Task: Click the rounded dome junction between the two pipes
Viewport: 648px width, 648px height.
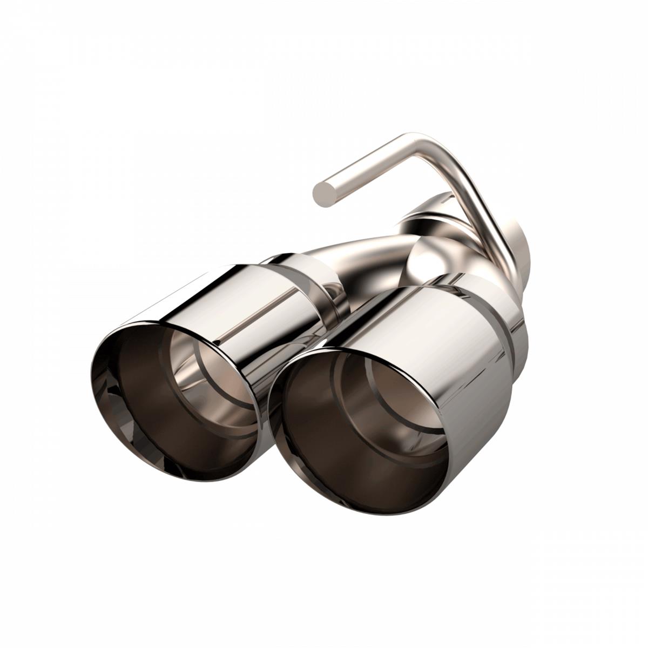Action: pyautogui.click(x=427, y=257)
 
